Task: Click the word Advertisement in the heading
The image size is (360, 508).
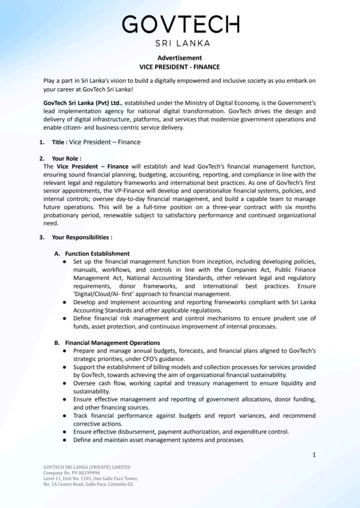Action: (x=180, y=58)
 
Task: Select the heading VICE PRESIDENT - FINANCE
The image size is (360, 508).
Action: (x=180, y=66)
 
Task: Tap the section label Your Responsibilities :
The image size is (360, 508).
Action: (x=82, y=237)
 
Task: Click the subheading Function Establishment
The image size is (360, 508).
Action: (x=97, y=254)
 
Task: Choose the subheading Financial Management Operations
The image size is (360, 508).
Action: (x=113, y=342)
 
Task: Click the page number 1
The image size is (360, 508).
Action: (x=314, y=454)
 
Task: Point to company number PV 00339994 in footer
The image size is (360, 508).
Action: (x=79, y=473)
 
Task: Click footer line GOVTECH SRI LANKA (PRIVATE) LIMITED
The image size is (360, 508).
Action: (x=87, y=467)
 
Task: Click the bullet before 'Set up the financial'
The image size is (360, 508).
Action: (x=66, y=261)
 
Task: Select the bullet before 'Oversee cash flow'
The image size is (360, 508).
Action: (x=66, y=383)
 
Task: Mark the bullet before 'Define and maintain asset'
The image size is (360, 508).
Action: (x=66, y=440)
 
